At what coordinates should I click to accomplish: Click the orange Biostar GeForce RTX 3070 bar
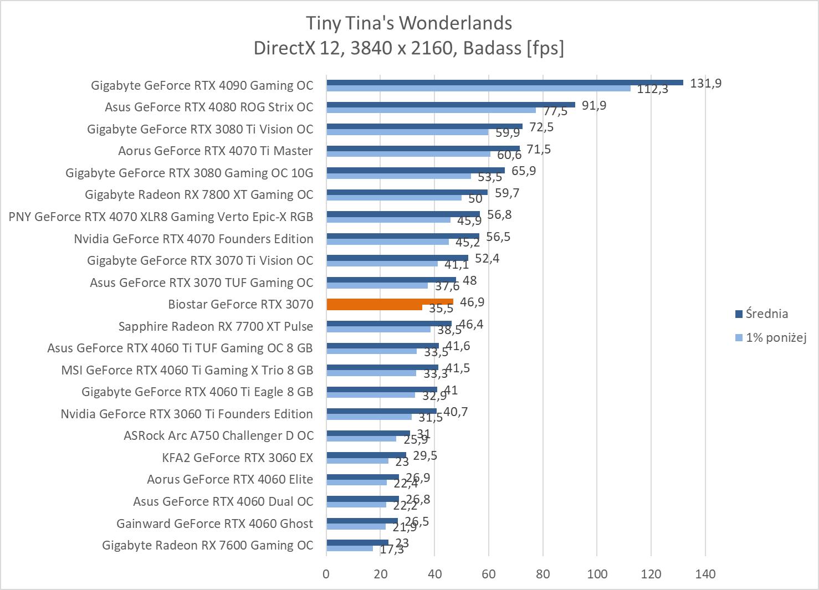point(390,302)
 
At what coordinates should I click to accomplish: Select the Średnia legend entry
point(766,314)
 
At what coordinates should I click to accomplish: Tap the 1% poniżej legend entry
point(775,337)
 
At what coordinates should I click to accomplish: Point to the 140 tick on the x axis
point(705,574)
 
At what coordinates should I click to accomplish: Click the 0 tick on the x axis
point(326,574)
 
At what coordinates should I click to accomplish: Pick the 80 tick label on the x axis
point(543,574)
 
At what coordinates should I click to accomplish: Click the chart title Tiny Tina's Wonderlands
point(409,23)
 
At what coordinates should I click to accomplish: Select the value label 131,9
point(706,84)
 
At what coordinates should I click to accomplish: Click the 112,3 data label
point(652,89)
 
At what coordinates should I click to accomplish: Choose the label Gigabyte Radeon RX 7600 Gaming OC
point(207,545)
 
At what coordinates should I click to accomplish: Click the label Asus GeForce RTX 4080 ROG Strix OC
point(209,107)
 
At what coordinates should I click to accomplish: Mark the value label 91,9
point(594,105)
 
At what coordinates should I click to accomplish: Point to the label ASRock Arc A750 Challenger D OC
point(218,435)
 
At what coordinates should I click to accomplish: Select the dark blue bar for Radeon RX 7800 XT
point(407,192)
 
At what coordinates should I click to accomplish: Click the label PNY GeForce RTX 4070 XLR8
point(161,217)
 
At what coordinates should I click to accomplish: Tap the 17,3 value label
point(392,550)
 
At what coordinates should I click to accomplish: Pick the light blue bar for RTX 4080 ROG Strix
point(431,110)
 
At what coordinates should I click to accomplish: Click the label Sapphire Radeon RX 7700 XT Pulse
point(216,326)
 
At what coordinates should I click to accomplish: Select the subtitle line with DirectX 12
point(409,49)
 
